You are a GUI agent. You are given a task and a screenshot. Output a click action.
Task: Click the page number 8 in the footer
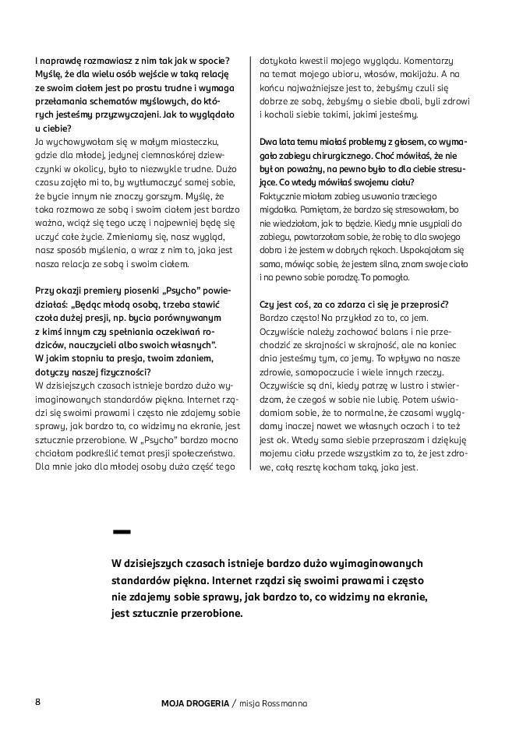37,702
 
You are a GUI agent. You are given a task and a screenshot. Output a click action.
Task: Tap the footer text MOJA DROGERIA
189,703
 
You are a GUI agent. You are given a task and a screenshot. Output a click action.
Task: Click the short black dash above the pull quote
121,532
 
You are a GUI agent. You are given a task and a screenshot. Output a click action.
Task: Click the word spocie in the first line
213,61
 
